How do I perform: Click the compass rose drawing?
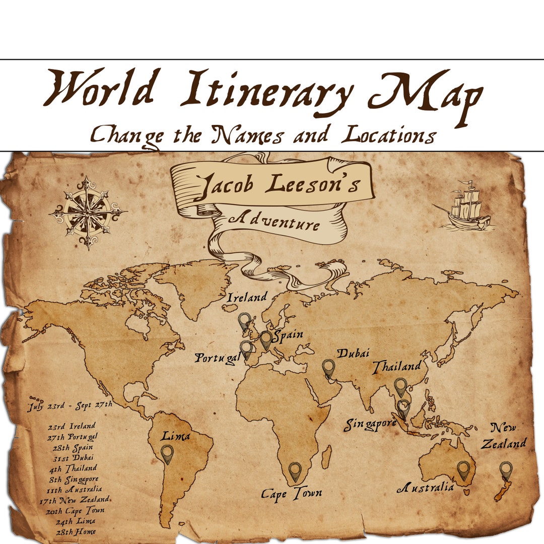coord(88,212)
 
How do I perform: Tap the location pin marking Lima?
coord(167,453)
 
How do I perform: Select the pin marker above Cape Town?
coord(295,471)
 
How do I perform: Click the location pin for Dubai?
coord(328,368)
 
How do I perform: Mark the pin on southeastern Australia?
coord(463,469)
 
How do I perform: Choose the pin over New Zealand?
coord(506,470)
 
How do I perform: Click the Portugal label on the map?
coord(218,358)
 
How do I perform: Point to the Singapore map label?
coord(370,425)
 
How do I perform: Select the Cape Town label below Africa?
coord(291,493)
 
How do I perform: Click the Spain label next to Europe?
coord(288,335)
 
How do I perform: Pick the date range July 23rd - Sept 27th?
coord(70,404)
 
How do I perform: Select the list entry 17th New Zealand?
coord(75,500)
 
